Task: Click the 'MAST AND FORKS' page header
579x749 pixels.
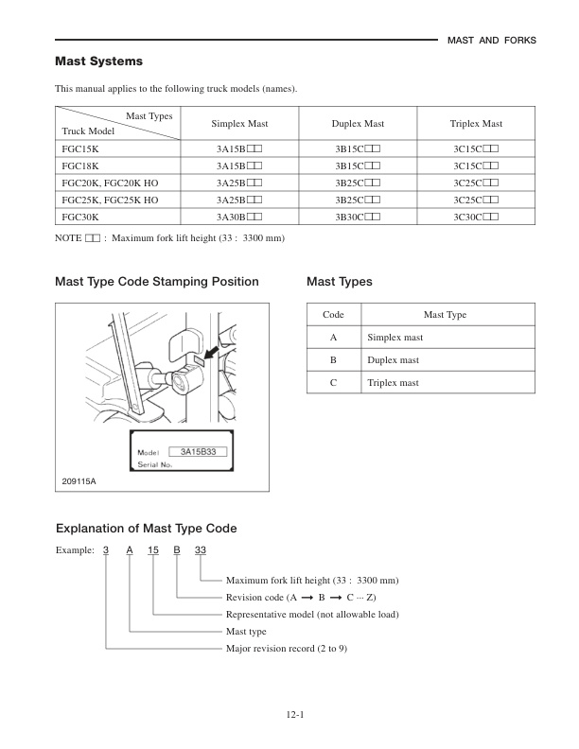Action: click(490, 40)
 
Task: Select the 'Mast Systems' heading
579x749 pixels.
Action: click(99, 61)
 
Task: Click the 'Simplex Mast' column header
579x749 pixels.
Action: click(237, 124)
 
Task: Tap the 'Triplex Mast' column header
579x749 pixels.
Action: click(476, 124)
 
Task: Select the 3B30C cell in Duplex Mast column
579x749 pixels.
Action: click(357, 217)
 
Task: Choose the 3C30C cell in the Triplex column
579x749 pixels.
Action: click(476, 217)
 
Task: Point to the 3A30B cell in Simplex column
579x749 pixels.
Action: click(237, 217)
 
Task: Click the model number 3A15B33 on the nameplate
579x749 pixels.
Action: click(198, 452)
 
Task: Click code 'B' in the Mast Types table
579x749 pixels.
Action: click(333, 360)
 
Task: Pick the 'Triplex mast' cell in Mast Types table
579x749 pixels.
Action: click(393, 383)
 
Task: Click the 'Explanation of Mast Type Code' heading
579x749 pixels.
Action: click(146, 528)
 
